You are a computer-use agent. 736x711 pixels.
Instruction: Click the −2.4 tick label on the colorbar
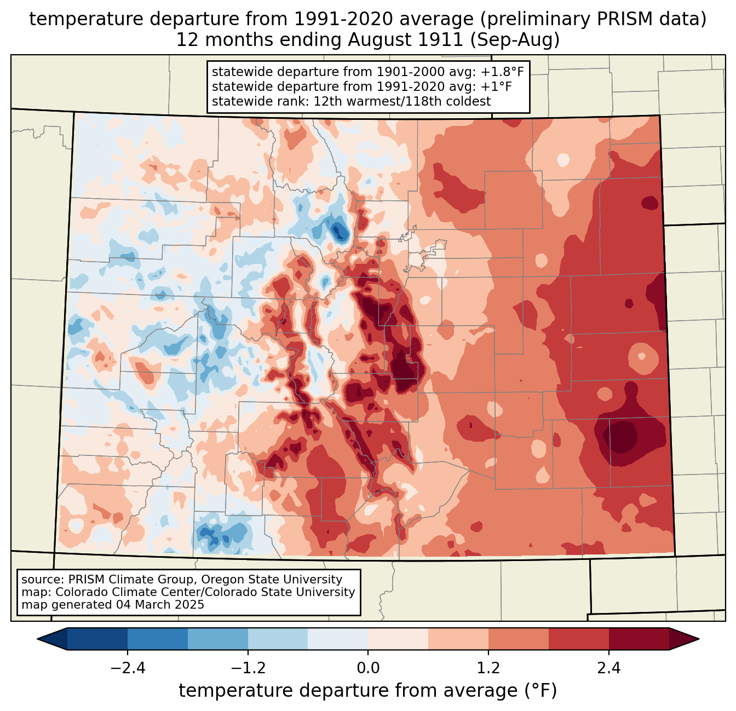click(x=127, y=668)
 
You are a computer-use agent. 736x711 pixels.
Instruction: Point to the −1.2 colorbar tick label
click(x=248, y=668)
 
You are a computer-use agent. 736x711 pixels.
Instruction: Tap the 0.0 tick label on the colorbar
click(x=368, y=668)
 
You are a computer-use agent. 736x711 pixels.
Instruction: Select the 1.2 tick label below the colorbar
click(x=488, y=668)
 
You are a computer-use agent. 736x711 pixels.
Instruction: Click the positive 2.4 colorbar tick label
click(x=609, y=668)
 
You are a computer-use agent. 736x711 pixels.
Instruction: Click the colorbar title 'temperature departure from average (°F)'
click(x=368, y=691)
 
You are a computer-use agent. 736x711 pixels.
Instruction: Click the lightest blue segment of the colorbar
click(x=338, y=639)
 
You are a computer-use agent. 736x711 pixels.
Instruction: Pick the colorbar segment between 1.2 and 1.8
click(x=519, y=639)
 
